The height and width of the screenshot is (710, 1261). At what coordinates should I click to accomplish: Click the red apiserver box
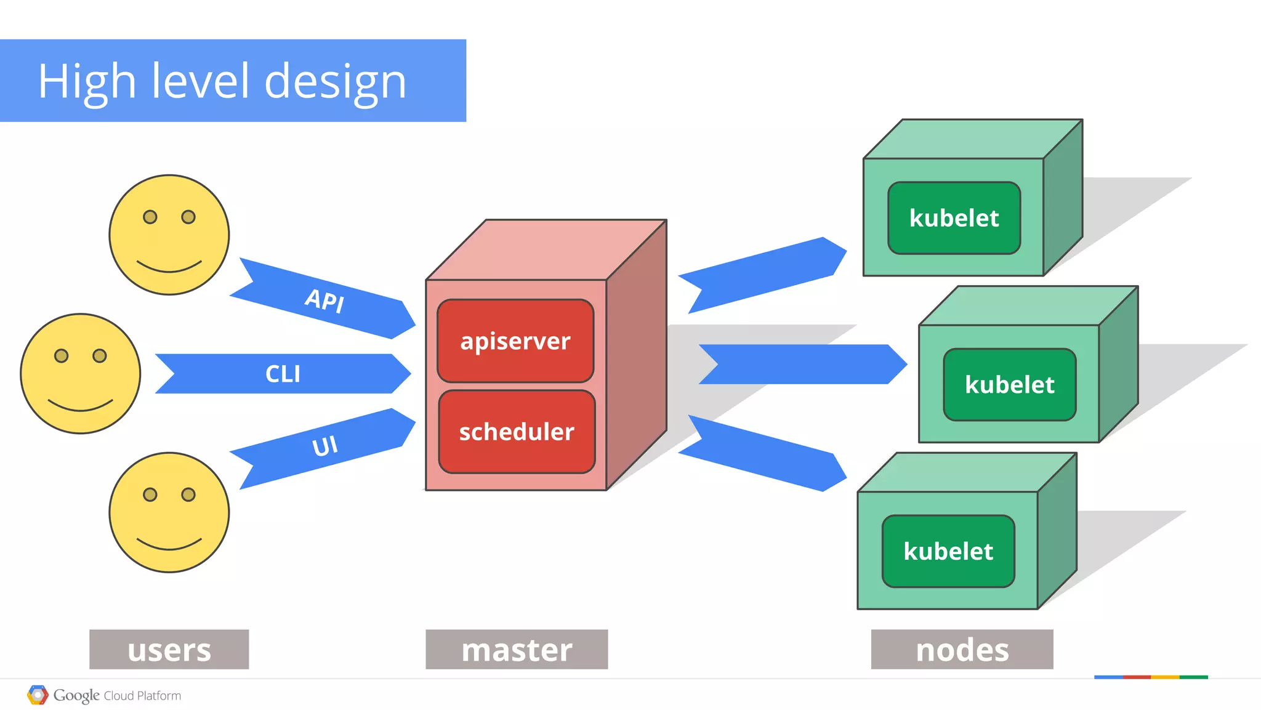tap(515, 341)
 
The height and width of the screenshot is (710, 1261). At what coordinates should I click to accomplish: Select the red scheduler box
tap(517, 431)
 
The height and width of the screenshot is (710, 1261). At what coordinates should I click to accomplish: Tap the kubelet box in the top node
tap(954, 218)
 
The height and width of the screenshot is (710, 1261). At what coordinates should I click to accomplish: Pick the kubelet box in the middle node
tap(1009, 384)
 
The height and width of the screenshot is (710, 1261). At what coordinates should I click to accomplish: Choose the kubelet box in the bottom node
tap(948, 551)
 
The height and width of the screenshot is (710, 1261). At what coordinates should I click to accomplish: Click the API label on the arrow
tap(324, 301)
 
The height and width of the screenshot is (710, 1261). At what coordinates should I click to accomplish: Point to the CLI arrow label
tap(283, 374)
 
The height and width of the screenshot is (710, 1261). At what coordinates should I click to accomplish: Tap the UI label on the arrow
tap(324, 446)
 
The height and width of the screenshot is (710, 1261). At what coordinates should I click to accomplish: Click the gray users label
tap(169, 650)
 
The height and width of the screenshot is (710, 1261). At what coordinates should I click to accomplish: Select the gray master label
tap(517, 650)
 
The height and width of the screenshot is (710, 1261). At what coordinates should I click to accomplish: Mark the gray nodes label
tap(962, 650)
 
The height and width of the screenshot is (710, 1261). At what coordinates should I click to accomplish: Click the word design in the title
tap(335, 82)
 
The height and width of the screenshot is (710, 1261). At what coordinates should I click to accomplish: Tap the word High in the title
tap(86, 82)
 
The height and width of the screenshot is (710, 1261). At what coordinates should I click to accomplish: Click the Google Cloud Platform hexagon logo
tap(38, 695)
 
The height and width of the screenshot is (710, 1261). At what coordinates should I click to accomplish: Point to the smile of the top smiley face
tap(169, 268)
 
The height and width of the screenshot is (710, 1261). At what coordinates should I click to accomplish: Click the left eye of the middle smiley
tap(61, 355)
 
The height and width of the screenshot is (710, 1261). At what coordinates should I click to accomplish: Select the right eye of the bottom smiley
tap(188, 494)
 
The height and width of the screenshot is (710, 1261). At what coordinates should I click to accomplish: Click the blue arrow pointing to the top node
tap(763, 275)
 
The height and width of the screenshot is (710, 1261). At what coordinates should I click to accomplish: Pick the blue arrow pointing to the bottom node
tap(763, 453)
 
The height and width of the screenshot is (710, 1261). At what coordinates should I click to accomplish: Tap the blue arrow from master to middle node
tap(800, 364)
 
